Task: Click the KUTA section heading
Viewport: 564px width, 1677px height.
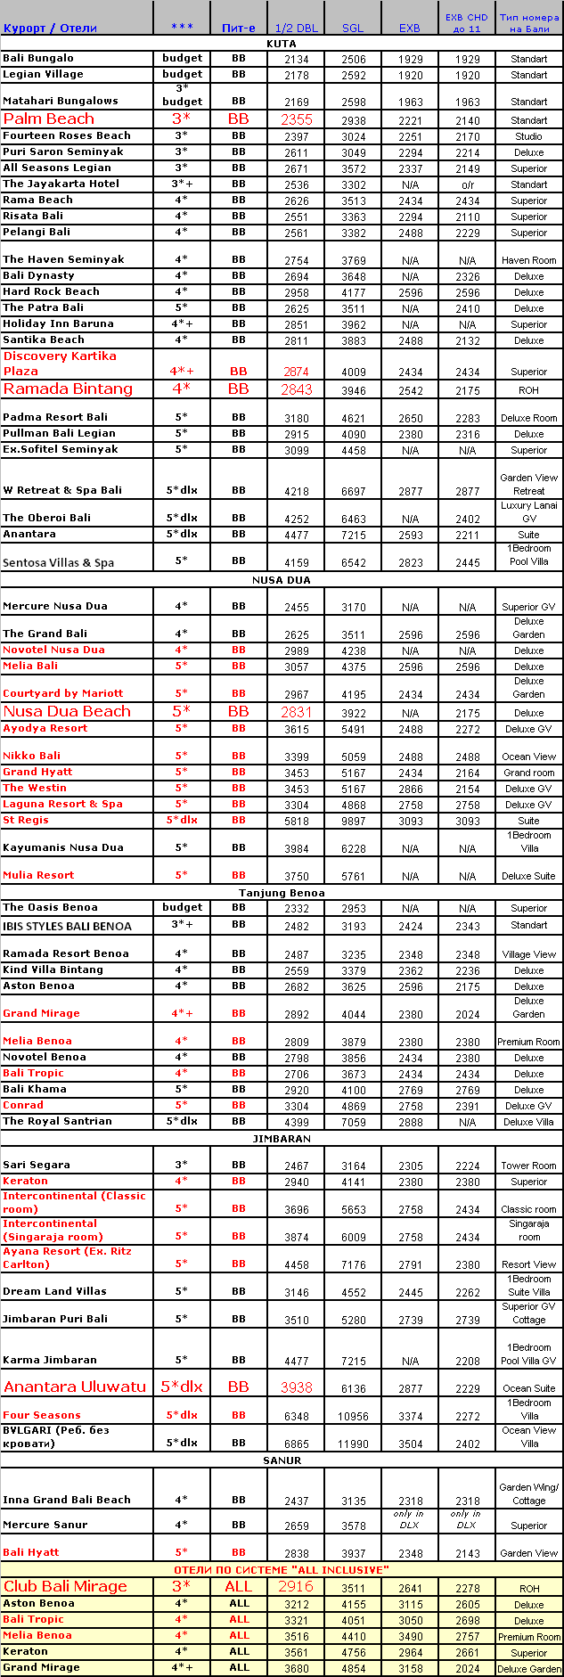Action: point(282,43)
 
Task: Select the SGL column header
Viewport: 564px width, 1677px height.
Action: point(353,28)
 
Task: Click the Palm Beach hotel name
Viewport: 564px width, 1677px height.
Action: point(48,119)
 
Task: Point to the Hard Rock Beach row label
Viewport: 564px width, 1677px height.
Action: point(51,291)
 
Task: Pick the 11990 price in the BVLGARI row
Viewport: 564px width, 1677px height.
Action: point(353,1444)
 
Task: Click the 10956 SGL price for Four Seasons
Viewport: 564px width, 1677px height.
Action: point(353,1416)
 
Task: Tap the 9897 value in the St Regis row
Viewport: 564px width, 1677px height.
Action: point(353,821)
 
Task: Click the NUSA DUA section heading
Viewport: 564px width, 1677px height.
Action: point(282,580)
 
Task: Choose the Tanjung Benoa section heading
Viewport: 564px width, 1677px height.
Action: point(282,892)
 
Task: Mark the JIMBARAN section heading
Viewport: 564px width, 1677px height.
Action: point(282,1139)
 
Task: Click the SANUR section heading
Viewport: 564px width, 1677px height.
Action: point(282,1460)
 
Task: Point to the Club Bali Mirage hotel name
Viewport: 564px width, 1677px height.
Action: point(65,1586)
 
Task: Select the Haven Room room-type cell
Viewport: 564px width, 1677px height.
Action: point(528,260)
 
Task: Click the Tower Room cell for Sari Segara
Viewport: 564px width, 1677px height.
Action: point(528,1166)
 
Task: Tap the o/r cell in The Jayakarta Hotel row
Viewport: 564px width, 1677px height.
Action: point(467,184)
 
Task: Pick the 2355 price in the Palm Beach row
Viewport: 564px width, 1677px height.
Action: point(297,119)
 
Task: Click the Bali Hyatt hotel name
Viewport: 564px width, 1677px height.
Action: point(30,1552)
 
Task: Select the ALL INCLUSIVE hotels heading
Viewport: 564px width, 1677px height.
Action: point(282,1569)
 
